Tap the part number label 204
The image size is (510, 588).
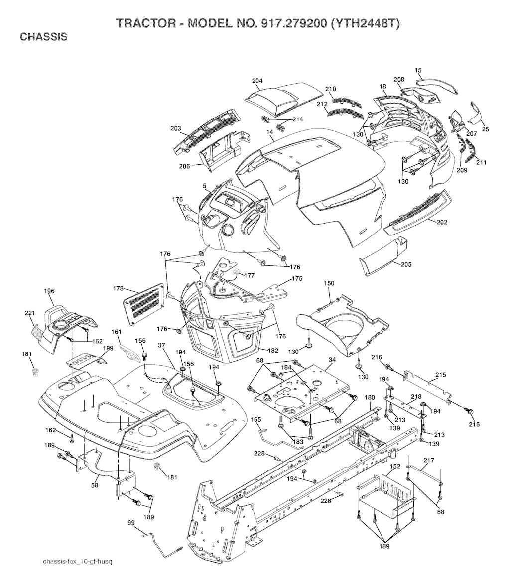click(x=257, y=81)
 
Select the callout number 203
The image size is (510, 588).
click(x=175, y=128)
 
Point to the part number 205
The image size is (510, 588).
click(x=406, y=265)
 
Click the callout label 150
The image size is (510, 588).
click(x=329, y=283)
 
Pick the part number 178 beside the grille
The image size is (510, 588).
click(x=118, y=289)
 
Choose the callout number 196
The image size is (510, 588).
click(x=49, y=291)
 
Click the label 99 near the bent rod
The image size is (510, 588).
click(x=131, y=522)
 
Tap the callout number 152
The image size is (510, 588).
click(x=395, y=467)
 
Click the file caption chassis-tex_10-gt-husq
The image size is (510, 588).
click(x=78, y=562)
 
